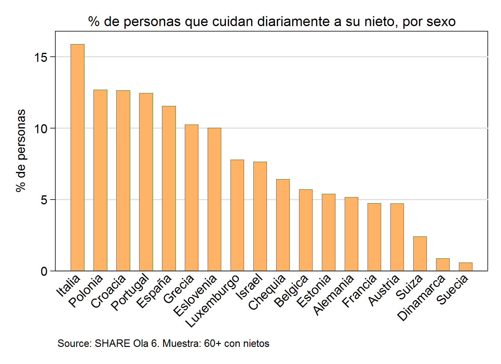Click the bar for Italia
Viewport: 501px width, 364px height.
click(78, 158)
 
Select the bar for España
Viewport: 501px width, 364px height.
click(169, 188)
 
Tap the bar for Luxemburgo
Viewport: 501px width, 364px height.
click(237, 215)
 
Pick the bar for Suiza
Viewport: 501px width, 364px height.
click(420, 254)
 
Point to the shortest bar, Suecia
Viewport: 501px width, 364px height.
click(466, 267)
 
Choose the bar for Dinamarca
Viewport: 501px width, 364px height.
click(443, 265)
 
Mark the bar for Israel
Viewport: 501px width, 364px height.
click(260, 216)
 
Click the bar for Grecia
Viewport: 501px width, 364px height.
click(191, 198)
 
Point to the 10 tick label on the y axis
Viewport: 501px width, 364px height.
click(41, 129)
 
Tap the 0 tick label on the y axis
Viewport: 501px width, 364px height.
click(44, 271)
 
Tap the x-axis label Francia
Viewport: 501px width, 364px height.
click(359, 291)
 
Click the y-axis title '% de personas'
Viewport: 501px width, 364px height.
click(21, 151)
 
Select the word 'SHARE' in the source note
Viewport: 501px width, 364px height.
click(112, 343)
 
